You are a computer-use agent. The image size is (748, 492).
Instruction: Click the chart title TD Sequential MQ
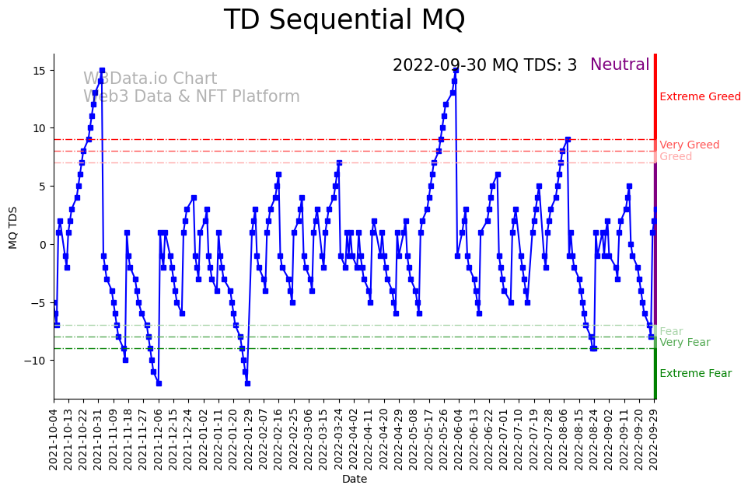point(344,20)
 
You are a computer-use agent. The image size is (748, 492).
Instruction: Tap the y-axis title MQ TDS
point(13,226)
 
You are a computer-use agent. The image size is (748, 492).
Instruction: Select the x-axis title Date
point(355,480)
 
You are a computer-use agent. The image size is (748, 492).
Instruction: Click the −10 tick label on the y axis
point(37,361)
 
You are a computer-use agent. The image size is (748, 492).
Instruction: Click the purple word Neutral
point(620,65)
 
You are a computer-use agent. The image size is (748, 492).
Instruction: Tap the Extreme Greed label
point(700,97)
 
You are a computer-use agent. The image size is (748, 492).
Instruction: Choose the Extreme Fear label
point(695,374)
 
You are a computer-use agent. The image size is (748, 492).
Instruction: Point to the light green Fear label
point(671,332)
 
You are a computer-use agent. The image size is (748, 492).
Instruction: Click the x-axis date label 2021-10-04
point(54,438)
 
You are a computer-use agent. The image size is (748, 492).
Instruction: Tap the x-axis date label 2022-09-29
point(654,438)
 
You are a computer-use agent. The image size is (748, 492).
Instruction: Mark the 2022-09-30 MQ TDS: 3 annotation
point(484,65)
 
